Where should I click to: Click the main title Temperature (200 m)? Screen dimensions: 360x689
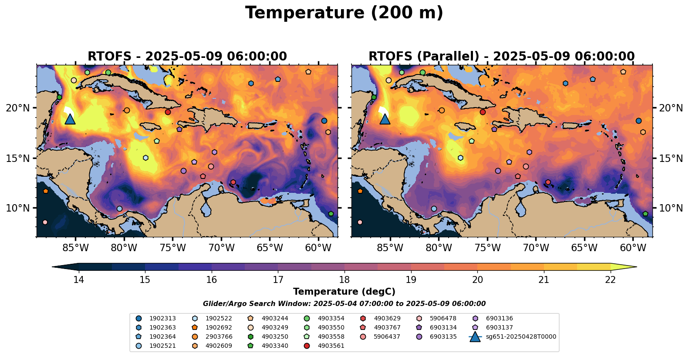coord(344,13)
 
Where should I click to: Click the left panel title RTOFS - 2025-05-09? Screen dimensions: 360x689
coord(187,57)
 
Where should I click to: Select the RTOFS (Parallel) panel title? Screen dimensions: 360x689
coord(502,57)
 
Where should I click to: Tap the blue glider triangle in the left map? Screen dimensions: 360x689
coord(70,119)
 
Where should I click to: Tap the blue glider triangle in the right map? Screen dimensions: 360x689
coord(385,119)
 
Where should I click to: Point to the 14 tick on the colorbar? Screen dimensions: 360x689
coord(78,279)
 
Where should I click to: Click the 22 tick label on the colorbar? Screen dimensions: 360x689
coord(611,279)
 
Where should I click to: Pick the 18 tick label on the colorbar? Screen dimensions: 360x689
coord(344,279)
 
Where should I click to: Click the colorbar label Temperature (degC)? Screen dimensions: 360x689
coord(344,292)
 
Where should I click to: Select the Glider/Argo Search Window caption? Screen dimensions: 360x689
coord(344,304)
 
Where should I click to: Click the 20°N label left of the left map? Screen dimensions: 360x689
coord(18,108)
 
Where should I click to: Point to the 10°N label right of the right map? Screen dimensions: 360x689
coord(671,208)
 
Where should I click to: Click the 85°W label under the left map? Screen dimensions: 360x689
coord(75,249)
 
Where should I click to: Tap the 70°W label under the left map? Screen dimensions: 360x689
coord(221,249)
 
